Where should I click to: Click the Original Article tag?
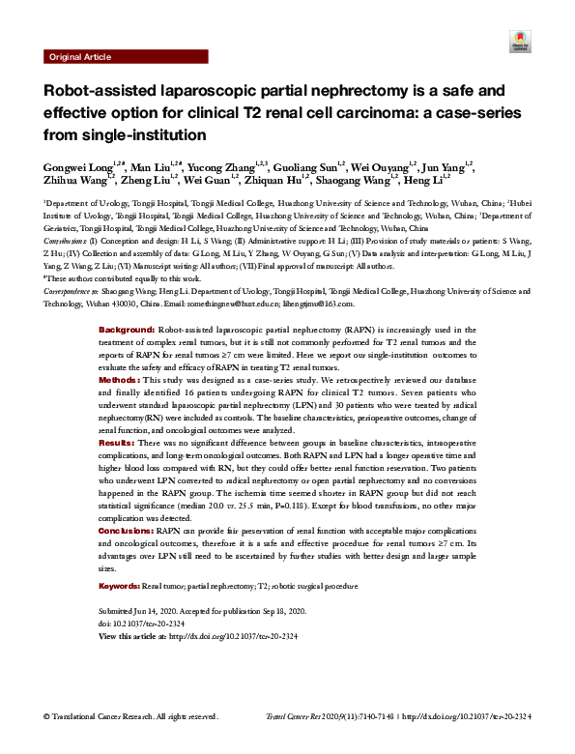pos(78,57)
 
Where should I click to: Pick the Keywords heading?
pos(120,587)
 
